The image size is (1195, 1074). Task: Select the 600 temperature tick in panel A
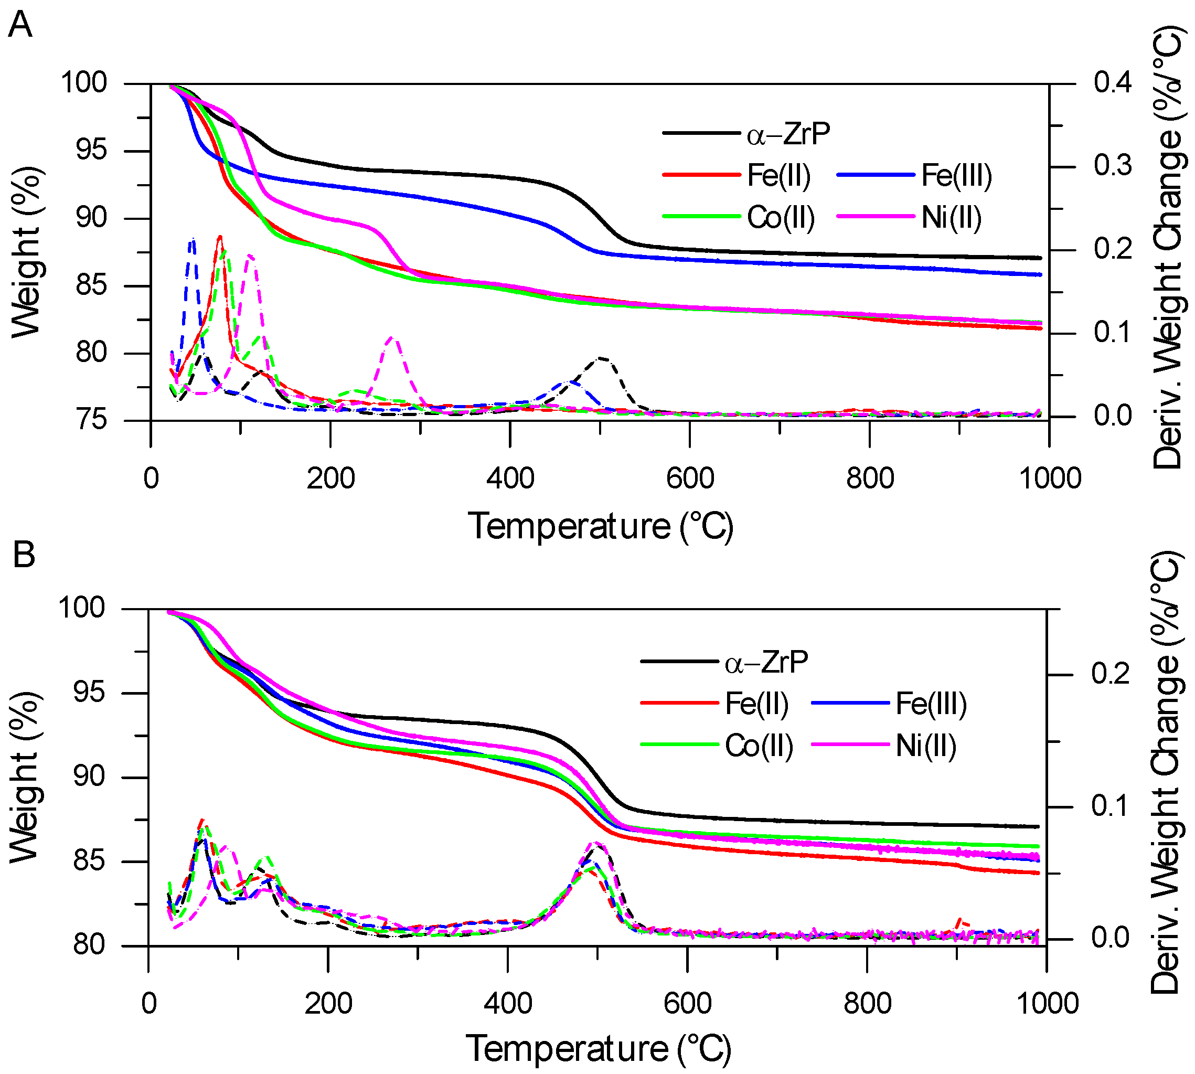coord(689,478)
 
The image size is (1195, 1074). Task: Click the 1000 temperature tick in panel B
coord(1047,1003)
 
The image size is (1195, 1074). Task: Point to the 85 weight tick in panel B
coord(89,861)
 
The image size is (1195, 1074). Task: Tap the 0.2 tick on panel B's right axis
coord(1110,674)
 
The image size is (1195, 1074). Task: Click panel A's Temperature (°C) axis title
coord(600,526)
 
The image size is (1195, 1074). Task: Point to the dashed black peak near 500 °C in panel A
coord(601,358)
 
